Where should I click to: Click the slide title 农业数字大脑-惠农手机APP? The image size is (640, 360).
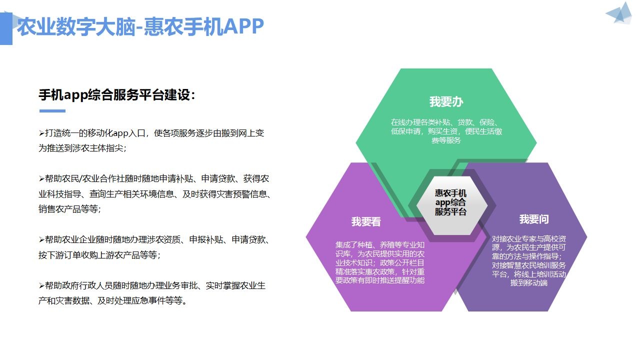tap(140, 26)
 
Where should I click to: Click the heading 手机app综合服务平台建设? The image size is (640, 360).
tap(115, 95)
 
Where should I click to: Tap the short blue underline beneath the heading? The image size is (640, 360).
tap(52, 111)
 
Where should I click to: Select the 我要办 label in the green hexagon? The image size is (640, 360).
tap(446, 101)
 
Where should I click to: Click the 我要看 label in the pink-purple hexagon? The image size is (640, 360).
tap(366, 221)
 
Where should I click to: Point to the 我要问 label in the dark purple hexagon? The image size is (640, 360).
tap(534, 219)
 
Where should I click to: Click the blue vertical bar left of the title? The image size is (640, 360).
tap(6, 28)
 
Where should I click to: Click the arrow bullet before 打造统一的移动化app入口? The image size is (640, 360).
tap(41, 133)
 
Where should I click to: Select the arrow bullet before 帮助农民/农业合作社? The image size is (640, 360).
tap(41, 179)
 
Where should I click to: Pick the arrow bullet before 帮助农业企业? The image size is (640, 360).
tap(41, 239)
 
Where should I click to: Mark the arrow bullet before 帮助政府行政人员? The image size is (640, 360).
tap(41, 285)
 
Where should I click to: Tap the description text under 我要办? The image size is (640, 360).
tap(446, 131)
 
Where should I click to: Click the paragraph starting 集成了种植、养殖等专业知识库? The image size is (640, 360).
tap(380, 262)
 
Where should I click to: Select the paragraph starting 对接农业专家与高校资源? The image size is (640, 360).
tap(529, 261)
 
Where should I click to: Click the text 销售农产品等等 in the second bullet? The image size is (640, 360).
tap(68, 209)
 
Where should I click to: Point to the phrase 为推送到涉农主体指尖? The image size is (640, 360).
tap(81, 148)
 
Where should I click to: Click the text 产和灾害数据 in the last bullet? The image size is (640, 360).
tap(64, 300)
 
